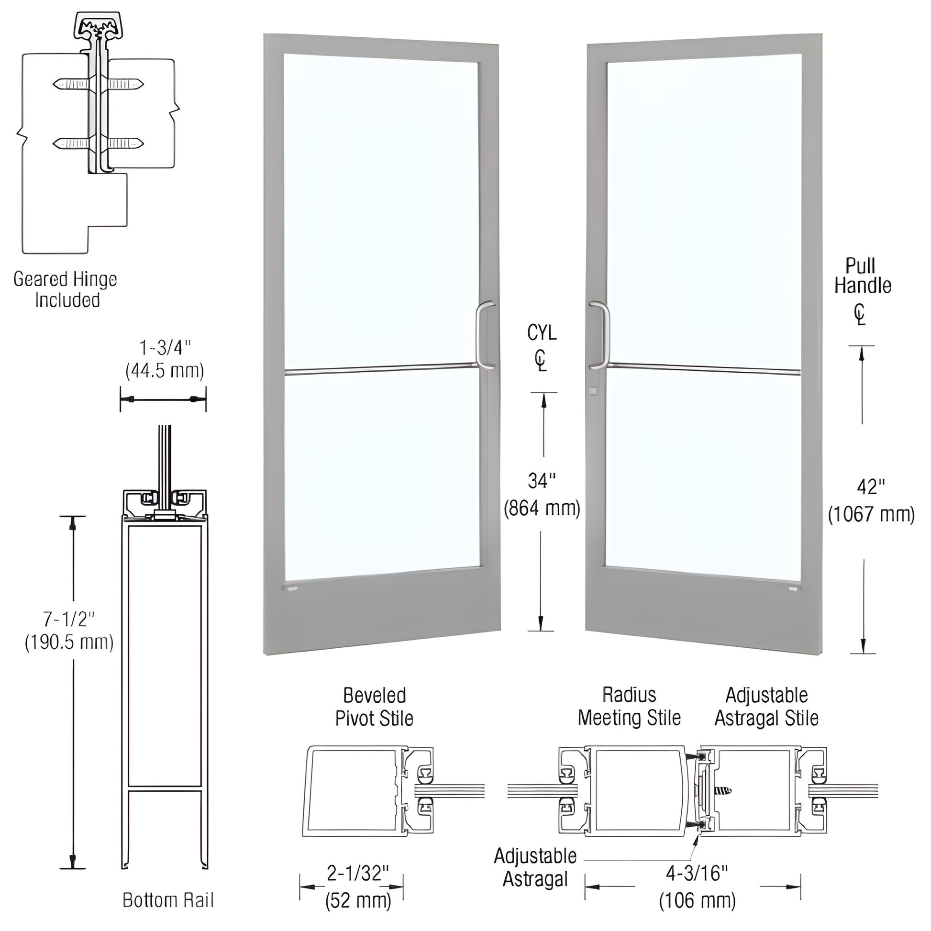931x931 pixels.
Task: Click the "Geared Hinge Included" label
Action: click(65, 289)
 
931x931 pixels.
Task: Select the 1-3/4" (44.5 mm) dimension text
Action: click(164, 359)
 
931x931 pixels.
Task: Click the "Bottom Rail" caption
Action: click(168, 900)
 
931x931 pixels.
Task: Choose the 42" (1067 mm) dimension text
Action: click(871, 501)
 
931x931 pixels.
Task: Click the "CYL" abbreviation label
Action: click(542, 332)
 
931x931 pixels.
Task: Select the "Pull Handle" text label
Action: click(863, 276)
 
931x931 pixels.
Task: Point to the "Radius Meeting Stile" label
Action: click(629, 707)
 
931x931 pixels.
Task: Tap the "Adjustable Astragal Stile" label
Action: click(766, 707)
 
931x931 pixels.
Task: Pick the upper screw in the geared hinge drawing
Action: click(99, 84)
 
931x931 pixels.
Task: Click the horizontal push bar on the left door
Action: click(381, 370)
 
